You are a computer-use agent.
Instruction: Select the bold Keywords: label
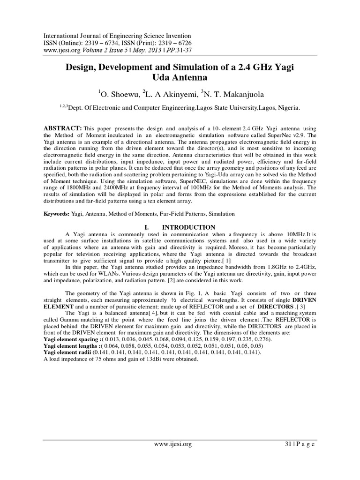[x=57, y=213]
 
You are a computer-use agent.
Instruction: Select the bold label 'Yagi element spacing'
[x=72, y=339]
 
